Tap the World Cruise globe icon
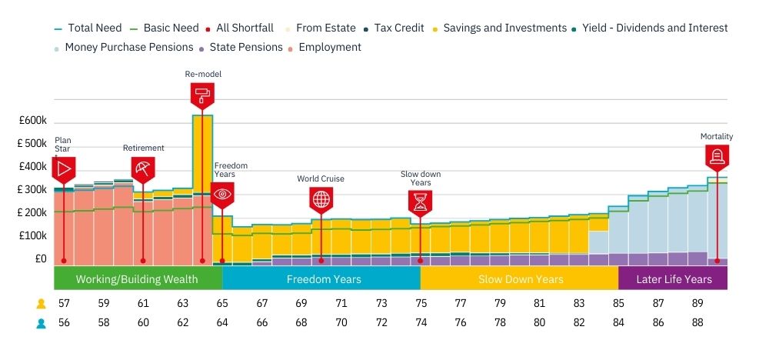coord(321,198)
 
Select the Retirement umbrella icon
coord(143,168)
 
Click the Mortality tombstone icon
coord(717,157)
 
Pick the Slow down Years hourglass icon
coord(421,202)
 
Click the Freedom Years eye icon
coord(222,194)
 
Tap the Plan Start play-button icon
coord(64,168)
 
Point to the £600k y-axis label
coord(33,121)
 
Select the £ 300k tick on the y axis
coord(32,189)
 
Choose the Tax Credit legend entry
coord(398,28)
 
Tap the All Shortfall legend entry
coord(244,28)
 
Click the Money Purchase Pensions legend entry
coord(128,47)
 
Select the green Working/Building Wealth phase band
coord(138,278)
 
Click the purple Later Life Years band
coord(673,278)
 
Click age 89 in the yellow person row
coord(697,304)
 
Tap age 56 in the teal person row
coord(64,323)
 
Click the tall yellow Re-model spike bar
coord(202,154)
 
